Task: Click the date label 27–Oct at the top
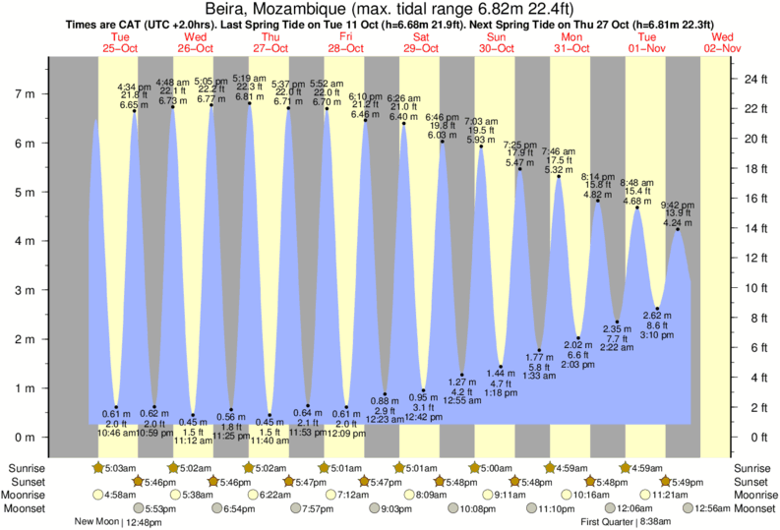coord(270,48)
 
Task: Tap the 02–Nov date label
coord(723,48)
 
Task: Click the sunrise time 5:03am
coord(117,467)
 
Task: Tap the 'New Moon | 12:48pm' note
coord(118,522)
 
